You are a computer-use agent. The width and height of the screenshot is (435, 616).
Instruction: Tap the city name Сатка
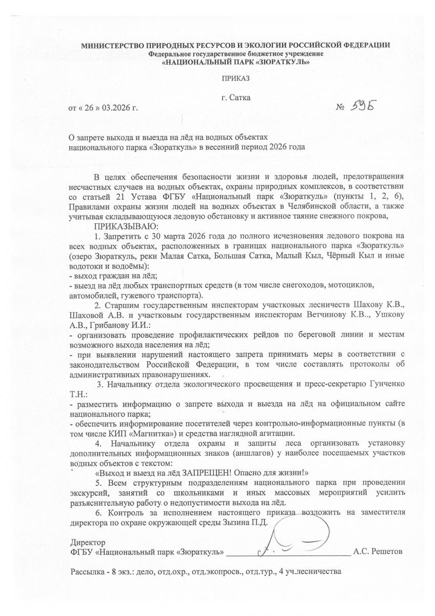point(241,98)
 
